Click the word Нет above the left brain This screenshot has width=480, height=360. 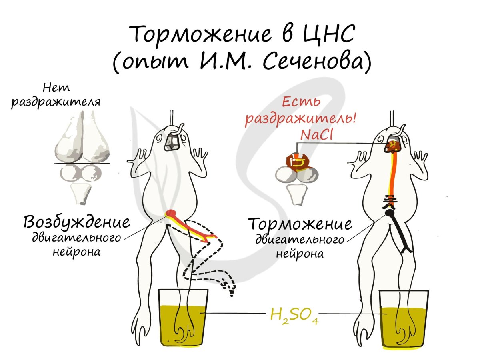pos(53,88)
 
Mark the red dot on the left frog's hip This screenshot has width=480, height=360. pos(170,213)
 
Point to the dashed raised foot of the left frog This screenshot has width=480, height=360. pos(226,286)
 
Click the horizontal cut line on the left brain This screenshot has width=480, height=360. pos(82,163)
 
